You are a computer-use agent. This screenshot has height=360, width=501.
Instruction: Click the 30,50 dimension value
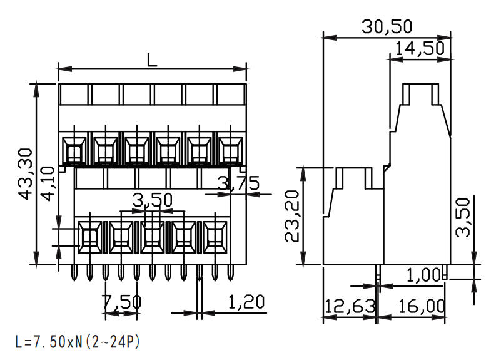pos(387,26)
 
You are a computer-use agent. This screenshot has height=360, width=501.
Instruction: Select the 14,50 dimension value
pos(420,49)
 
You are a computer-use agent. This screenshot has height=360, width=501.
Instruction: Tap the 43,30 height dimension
pos(25,174)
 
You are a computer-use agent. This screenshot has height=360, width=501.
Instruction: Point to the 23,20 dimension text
pos(291,216)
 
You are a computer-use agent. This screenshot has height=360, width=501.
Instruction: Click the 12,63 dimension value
pos(350,306)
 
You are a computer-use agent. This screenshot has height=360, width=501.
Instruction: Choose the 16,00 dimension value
pos(422,306)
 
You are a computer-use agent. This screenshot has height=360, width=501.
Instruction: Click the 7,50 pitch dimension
pos(121,302)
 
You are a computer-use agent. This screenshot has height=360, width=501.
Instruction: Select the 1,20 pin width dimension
pos(246,302)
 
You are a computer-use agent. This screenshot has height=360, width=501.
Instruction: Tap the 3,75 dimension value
pos(238,183)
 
